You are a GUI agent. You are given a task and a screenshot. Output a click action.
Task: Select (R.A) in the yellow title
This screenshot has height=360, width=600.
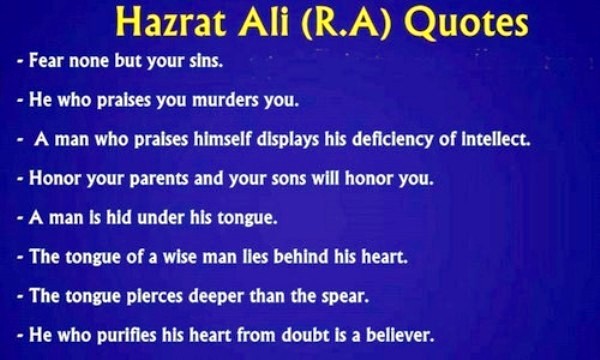[x=324, y=22]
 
